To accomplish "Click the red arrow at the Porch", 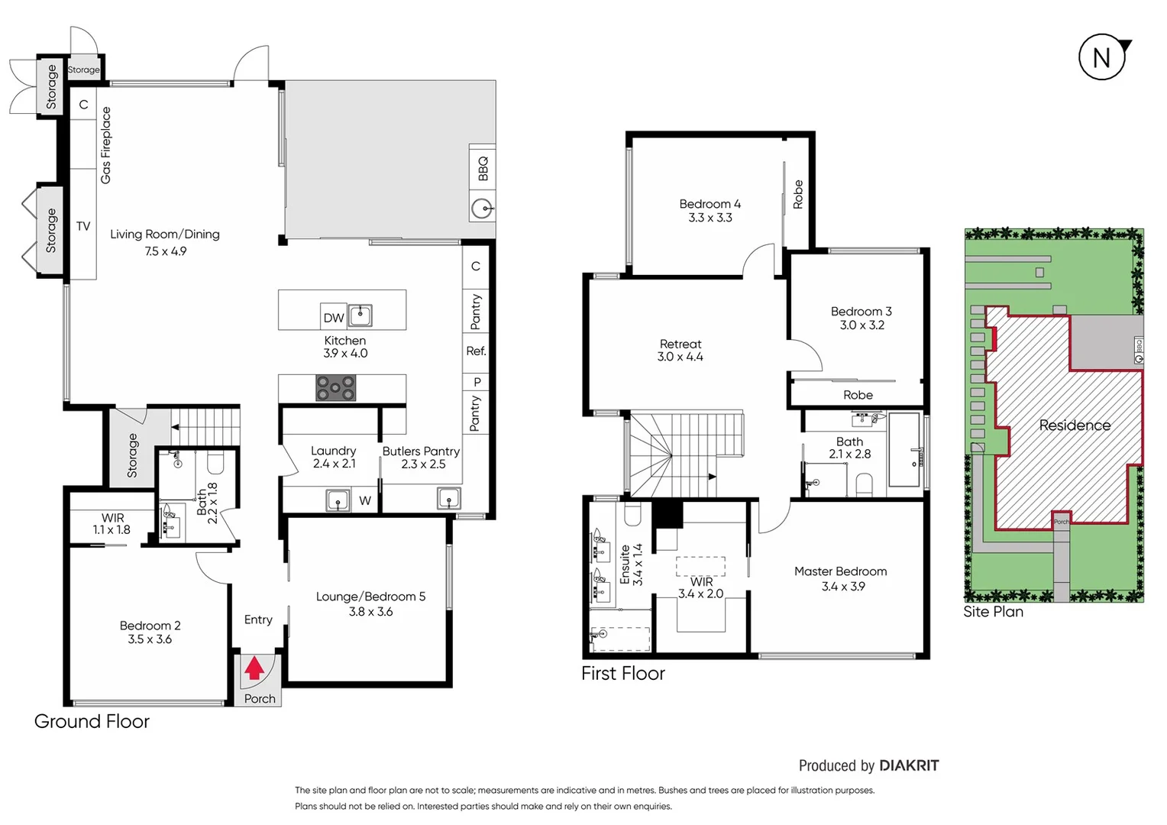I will tap(254, 669).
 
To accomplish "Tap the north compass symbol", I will tap(1102, 57).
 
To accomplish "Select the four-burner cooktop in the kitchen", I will tap(336, 388).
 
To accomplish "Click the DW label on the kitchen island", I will tap(334, 318).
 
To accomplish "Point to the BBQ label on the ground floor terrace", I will tap(483, 168).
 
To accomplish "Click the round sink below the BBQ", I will tap(482, 208).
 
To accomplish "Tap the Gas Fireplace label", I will tap(106, 145).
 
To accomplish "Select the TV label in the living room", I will tap(83, 226).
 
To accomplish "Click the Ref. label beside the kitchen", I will tap(476, 351).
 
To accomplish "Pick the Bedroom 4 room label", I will tap(710, 204).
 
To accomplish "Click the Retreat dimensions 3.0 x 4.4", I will tap(680, 357).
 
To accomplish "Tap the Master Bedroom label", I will tap(840, 571).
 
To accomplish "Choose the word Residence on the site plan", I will tap(1075, 425).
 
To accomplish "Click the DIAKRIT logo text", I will tap(909, 765).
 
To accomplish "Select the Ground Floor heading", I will tap(92, 721).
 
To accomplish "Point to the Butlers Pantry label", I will tap(421, 451).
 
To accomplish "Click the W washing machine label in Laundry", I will tap(365, 501).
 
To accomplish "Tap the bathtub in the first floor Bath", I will tap(904, 450).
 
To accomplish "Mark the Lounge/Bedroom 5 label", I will tap(370, 597).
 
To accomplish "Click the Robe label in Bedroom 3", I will tap(858, 395).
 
